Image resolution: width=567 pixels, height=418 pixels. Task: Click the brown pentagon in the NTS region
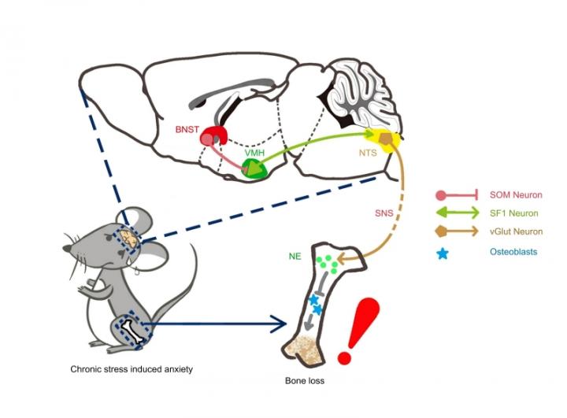point(385,139)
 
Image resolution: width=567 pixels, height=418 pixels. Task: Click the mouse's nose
point(66,250)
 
